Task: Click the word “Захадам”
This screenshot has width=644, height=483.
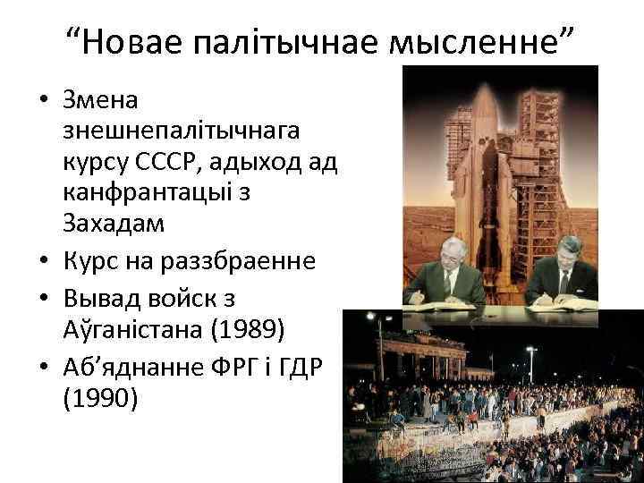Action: coord(113,224)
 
